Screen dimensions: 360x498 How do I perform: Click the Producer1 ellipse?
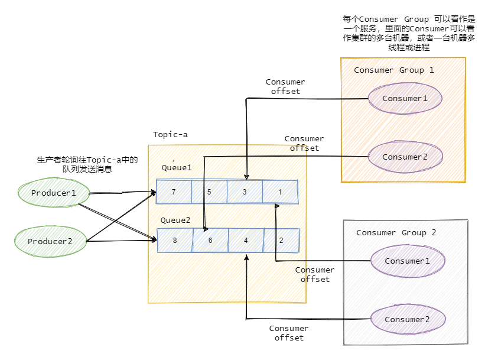54,193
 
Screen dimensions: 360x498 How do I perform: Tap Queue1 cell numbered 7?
174,192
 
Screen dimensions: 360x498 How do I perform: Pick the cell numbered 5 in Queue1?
209,192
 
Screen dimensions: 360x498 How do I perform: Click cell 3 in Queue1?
245,192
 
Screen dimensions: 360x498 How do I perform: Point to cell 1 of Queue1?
280,192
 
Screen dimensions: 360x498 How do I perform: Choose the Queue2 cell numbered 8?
175,241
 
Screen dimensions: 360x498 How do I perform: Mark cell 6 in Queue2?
210,241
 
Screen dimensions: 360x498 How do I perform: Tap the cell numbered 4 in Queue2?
246,241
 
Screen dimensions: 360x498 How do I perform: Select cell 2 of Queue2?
281,241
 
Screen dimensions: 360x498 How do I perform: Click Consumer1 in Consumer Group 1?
405,98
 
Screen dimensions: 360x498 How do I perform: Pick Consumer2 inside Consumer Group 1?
405,157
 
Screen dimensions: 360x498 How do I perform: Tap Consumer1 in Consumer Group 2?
407,261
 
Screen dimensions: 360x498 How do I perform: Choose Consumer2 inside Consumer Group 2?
407,319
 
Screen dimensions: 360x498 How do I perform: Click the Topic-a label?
170,134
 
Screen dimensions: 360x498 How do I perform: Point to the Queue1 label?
177,168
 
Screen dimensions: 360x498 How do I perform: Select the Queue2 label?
175,220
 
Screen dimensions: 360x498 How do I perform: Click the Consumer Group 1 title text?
393,70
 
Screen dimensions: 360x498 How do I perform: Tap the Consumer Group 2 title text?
396,232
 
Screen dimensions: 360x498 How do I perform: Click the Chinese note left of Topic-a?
87,164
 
